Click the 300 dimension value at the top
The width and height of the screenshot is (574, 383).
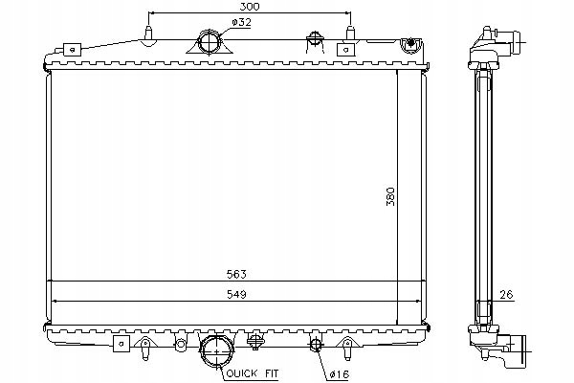(x=250, y=7)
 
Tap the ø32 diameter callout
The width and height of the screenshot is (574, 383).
(x=241, y=23)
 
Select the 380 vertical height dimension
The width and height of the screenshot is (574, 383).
(x=390, y=196)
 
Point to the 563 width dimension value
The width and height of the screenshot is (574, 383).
(x=236, y=274)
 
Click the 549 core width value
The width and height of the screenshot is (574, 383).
(x=236, y=294)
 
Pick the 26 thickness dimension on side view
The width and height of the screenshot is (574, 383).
(x=506, y=294)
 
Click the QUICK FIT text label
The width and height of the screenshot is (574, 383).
(x=253, y=373)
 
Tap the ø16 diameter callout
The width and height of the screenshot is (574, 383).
(x=340, y=374)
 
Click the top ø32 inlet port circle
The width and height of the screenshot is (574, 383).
(x=210, y=42)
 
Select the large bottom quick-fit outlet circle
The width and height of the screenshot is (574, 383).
(x=217, y=351)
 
